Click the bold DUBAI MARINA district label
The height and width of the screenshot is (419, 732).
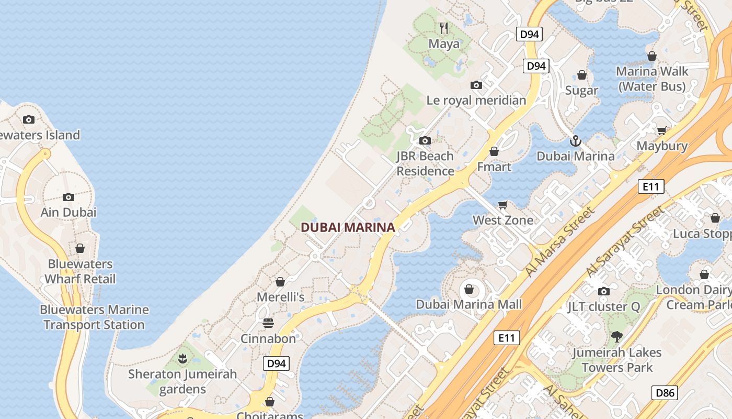pos(348,227)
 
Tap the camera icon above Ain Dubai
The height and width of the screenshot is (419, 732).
pos(68,197)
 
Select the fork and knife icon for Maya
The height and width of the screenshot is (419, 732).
pos(444,28)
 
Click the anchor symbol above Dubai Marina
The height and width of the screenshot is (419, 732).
pos(575,140)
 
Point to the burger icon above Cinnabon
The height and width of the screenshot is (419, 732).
pos(268,323)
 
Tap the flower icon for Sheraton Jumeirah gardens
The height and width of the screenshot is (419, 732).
pos(182,359)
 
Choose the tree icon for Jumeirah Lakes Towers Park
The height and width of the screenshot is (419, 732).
pos(617,336)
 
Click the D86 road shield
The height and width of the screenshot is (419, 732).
pos(665,393)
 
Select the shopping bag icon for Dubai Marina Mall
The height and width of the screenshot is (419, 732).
pos(469,289)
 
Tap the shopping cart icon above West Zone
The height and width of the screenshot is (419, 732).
pos(503,204)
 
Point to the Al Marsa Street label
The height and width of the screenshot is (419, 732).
pos(561,241)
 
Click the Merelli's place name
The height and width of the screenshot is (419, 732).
pos(280,297)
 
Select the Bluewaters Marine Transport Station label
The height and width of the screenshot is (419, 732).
pos(94,317)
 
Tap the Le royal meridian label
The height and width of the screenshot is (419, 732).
pos(476,100)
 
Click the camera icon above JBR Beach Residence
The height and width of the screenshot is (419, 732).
pos(425,140)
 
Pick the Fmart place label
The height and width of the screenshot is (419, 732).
pos(494,167)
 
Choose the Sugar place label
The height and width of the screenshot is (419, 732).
pos(581,90)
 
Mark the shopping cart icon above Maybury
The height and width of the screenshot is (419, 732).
pos(662,130)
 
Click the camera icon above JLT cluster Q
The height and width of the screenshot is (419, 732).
pos(604,291)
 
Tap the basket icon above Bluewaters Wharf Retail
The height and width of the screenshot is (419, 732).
pos(80,248)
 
